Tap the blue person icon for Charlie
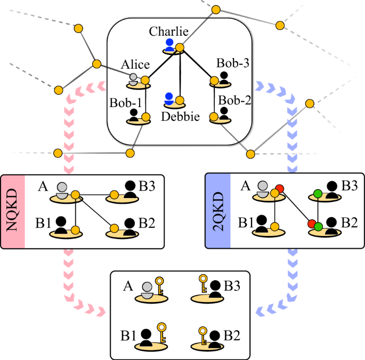(169, 45)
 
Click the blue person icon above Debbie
(169, 99)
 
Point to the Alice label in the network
(135, 64)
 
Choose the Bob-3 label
(233, 63)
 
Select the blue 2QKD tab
(217, 210)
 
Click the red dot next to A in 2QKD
(279, 189)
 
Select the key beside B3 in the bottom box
(203, 281)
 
